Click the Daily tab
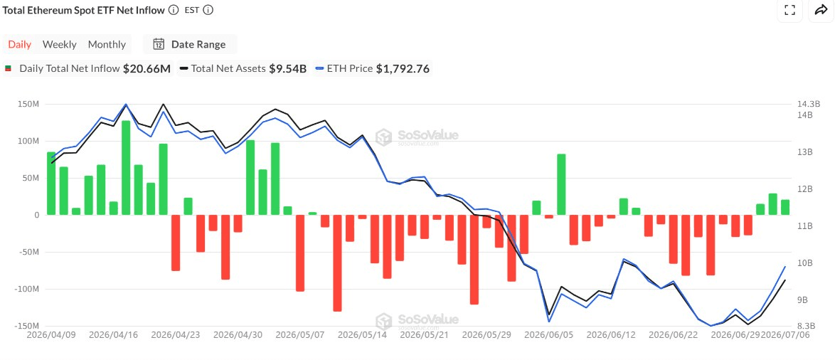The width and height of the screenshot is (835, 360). (x=20, y=44)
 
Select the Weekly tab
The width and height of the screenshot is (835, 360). (x=60, y=44)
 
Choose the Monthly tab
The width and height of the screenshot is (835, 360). (x=107, y=44)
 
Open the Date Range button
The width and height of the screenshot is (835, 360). (x=190, y=44)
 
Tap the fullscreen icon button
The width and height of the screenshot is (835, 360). (x=789, y=10)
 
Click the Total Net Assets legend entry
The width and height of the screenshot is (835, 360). (x=243, y=69)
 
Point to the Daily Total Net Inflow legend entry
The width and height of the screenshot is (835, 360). (x=88, y=69)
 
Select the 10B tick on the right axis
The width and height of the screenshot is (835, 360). (x=802, y=263)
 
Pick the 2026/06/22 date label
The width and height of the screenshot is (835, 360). (x=673, y=335)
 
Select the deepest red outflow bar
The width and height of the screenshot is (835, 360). (x=337, y=263)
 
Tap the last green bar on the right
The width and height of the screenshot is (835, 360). (x=785, y=207)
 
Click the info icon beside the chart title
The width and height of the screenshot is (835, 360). (x=173, y=10)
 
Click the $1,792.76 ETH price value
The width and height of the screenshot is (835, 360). (x=403, y=69)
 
